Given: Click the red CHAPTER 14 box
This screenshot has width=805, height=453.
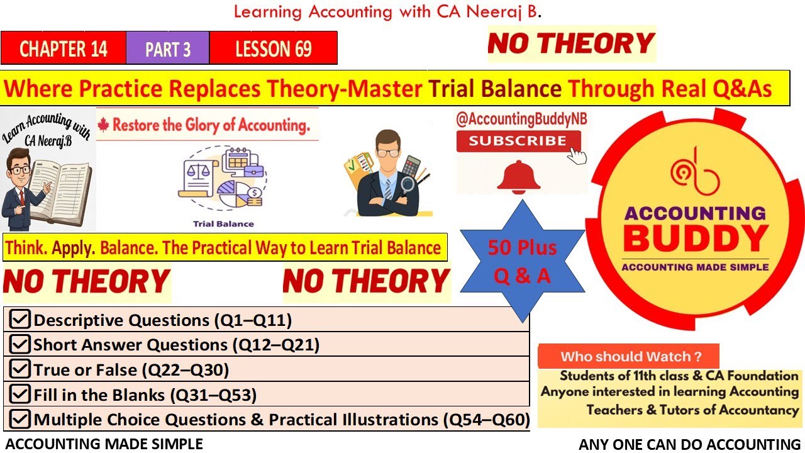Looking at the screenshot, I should click(64, 48).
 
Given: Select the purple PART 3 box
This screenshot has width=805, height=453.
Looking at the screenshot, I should click(167, 48).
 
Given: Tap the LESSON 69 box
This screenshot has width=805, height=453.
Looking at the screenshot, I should click(274, 48).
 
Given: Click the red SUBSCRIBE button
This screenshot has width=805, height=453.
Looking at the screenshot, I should click(518, 141).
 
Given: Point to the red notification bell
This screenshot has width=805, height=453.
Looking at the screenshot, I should click(519, 176).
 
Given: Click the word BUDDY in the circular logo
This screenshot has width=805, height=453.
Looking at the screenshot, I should click(696, 238).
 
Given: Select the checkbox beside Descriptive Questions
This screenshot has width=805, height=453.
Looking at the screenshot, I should click(20, 320).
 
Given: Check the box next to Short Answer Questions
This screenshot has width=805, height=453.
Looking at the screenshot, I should click(20, 344).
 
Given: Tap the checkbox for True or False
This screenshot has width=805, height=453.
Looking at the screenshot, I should click(20, 369).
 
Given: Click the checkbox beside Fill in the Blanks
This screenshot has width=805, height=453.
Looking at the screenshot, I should click(20, 394).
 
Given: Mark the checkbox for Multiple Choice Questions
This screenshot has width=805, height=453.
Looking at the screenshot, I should click(20, 419).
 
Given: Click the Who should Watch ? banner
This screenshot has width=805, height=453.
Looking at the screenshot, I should click(629, 357).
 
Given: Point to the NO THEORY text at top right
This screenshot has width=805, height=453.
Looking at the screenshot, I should click(571, 43).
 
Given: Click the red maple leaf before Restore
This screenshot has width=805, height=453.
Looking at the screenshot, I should click(104, 125).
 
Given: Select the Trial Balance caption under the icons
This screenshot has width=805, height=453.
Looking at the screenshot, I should click(223, 223).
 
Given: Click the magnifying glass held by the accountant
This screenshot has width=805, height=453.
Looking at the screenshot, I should click(406, 185).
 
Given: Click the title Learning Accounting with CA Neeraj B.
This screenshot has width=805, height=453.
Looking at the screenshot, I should click(387, 12).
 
